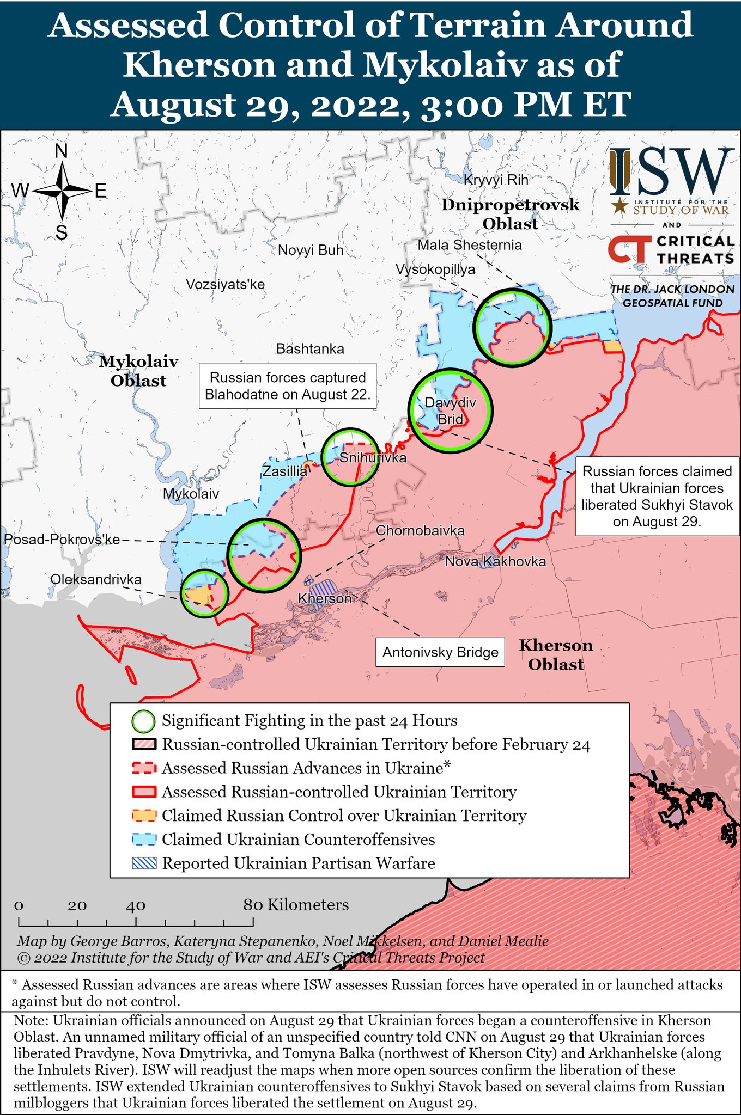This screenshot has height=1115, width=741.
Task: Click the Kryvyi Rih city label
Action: [x=496, y=180]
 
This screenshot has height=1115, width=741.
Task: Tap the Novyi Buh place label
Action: [x=311, y=250]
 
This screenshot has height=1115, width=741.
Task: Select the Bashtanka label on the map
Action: [x=310, y=348]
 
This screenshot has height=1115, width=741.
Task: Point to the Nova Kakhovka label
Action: [x=495, y=561]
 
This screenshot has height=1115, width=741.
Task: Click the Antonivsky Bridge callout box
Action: [x=440, y=652]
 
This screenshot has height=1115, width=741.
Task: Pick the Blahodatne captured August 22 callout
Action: [x=288, y=386]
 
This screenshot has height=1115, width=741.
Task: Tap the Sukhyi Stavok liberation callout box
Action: [x=657, y=496]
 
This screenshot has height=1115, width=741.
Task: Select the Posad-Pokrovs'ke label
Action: [x=62, y=540]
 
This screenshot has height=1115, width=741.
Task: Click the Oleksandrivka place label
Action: [x=96, y=579]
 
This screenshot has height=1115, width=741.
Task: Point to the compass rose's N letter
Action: [x=62, y=151]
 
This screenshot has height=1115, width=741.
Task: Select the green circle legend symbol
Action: [x=144, y=721]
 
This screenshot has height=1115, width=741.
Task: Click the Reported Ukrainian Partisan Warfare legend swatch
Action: [x=144, y=863]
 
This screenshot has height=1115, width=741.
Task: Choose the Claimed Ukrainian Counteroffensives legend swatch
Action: [x=144, y=840]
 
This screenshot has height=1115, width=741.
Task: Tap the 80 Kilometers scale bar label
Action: [x=296, y=905]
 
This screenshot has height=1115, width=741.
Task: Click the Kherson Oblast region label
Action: [x=556, y=655]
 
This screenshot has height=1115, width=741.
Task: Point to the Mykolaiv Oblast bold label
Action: [x=138, y=371]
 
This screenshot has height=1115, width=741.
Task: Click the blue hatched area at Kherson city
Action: [x=324, y=589]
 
